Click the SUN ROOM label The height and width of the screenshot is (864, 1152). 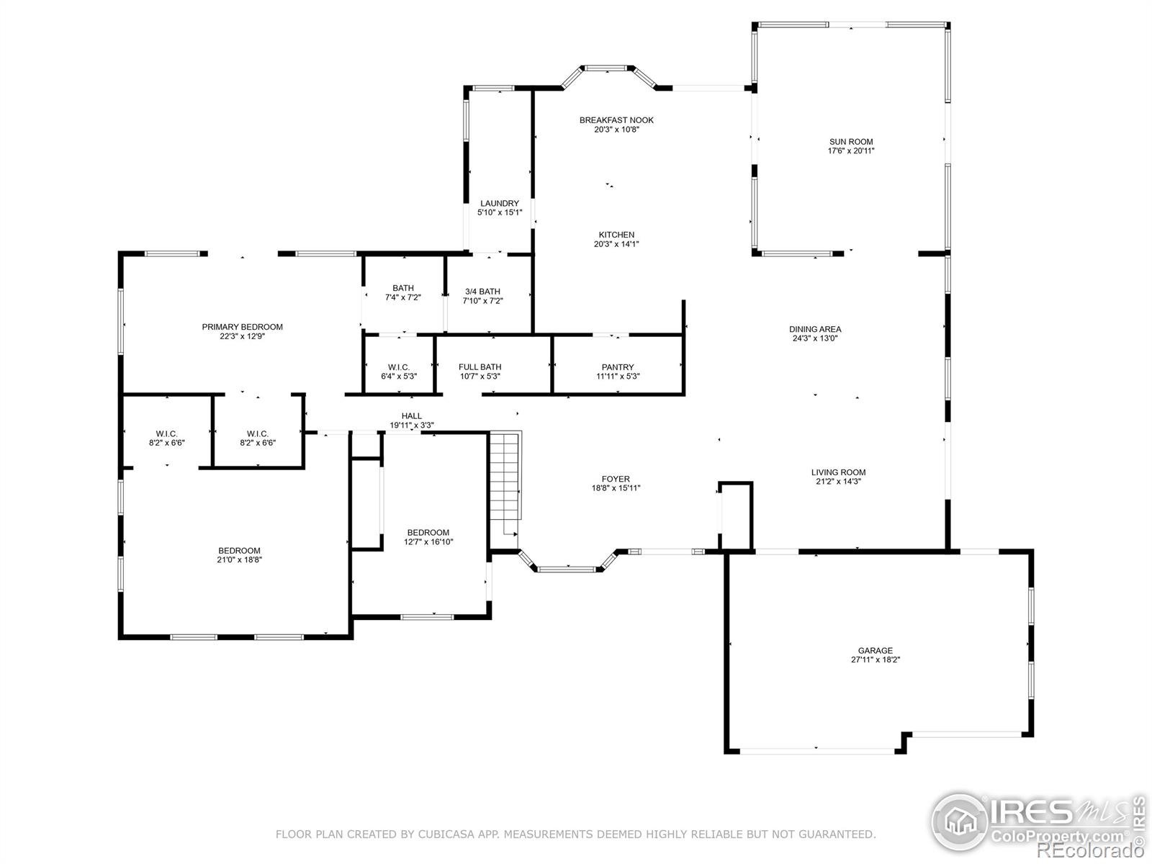(x=851, y=142)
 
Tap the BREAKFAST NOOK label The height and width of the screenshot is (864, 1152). (x=616, y=120)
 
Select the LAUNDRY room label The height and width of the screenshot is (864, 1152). (x=499, y=203)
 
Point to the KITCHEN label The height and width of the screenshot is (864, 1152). (x=616, y=235)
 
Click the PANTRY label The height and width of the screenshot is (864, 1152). (x=618, y=366)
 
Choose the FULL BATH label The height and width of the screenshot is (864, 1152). (x=480, y=366)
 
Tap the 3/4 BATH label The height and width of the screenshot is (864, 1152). (x=482, y=291)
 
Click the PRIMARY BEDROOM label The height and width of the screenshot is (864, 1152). (x=242, y=327)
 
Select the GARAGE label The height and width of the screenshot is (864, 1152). (x=875, y=650)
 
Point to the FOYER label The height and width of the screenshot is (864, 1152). (x=616, y=478)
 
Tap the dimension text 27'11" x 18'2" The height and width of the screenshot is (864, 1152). (x=875, y=660)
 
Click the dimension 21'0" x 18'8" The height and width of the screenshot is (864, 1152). (x=239, y=559)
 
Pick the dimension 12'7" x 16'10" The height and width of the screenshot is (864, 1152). (x=428, y=542)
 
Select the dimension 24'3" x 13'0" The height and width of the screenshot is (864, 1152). (x=814, y=338)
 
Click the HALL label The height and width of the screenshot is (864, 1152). (x=411, y=416)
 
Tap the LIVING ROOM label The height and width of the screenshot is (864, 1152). (x=838, y=472)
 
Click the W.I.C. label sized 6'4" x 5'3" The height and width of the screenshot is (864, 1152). (x=399, y=366)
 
